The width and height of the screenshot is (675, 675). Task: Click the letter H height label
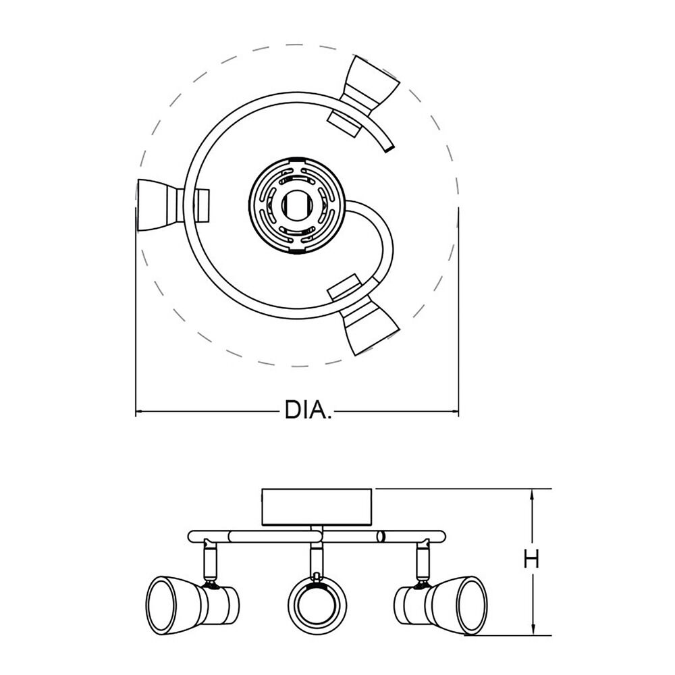click(532, 560)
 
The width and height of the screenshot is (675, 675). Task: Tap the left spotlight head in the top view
click(173, 206)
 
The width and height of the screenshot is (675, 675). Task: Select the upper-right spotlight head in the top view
click(364, 97)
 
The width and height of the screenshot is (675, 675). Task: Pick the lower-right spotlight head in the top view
click(364, 315)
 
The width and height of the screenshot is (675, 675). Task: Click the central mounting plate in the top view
click(296, 205)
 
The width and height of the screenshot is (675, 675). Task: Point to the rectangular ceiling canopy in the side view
click(317, 507)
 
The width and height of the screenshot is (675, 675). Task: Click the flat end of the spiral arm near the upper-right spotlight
click(389, 149)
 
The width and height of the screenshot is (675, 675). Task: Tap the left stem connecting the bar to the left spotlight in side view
click(209, 558)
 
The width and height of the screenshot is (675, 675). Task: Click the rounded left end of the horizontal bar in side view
click(192, 537)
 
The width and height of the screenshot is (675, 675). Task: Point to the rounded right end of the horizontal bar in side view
click(441, 537)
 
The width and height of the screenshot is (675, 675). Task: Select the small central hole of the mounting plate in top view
click(296, 205)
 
